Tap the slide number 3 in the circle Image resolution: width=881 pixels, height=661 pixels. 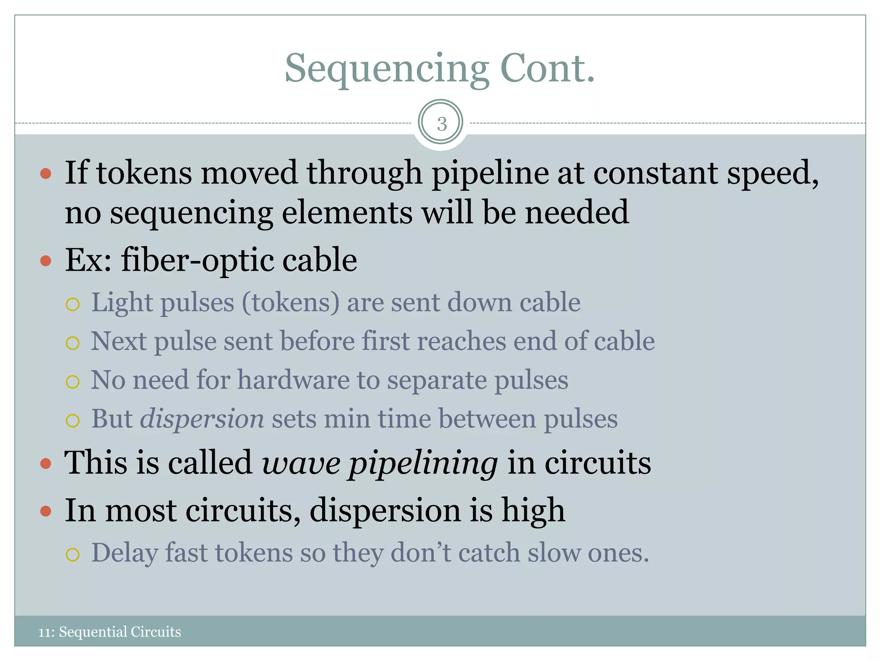[x=441, y=124]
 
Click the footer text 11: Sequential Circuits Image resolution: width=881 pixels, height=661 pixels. [x=110, y=631]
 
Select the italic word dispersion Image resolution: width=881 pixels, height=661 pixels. [x=202, y=419]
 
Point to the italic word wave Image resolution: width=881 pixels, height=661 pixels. [x=301, y=463]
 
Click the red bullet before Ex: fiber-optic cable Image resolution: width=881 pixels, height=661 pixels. [x=46, y=261]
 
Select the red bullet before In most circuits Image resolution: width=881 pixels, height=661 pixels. [x=46, y=511]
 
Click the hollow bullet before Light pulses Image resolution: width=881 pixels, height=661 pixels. [x=73, y=305]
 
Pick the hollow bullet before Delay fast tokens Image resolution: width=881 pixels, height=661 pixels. [x=73, y=555]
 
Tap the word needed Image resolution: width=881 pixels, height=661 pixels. [x=576, y=213]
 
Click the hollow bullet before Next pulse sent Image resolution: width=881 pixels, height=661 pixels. [x=73, y=343]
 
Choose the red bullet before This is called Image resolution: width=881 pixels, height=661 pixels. [x=46, y=463]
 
